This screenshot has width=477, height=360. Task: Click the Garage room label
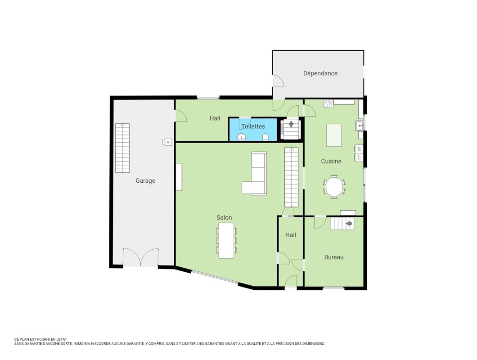[x=145, y=181]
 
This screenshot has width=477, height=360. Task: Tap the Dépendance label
[x=320, y=73]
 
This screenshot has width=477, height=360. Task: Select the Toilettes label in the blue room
[x=253, y=126]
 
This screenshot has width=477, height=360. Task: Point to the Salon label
[x=224, y=218]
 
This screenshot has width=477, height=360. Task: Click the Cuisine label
[x=331, y=161]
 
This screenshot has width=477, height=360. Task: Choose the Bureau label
[x=334, y=257]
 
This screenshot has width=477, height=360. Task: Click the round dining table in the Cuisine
[x=334, y=187]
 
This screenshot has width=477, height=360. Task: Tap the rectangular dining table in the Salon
[x=226, y=240]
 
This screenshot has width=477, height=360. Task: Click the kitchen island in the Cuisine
[x=334, y=135]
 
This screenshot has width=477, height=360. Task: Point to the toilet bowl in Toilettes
[x=265, y=137]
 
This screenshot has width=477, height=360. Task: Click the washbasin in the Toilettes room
[x=242, y=137]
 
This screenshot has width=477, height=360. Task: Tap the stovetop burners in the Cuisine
[x=328, y=103]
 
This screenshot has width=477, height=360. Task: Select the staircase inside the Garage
[x=122, y=148]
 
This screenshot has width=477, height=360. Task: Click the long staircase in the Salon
[x=292, y=177]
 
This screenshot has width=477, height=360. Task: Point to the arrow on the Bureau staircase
[x=349, y=224]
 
